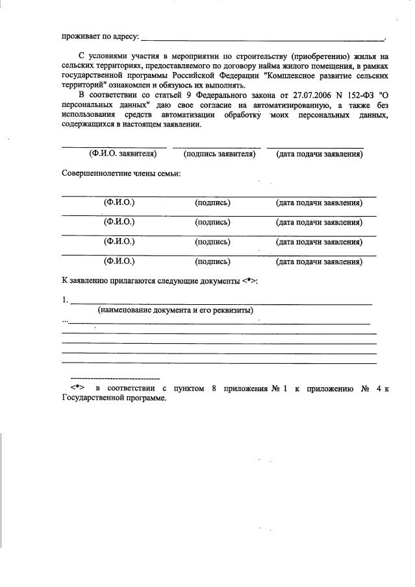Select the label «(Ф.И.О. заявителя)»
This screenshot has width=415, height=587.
(x=123, y=154)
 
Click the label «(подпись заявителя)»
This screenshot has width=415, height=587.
(x=220, y=154)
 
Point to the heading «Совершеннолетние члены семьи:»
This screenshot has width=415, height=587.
(x=121, y=174)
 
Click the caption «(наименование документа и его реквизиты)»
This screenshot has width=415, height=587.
(x=175, y=311)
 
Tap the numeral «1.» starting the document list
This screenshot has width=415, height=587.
(x=65, y=300)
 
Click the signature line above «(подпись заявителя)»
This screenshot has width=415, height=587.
(x=217, y=148)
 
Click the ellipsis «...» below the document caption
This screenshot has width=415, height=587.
(x=64, y=320)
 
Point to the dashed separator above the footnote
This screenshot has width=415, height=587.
(x=114, y=377)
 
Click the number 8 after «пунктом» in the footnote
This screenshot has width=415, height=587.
(x=213, y=389)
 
